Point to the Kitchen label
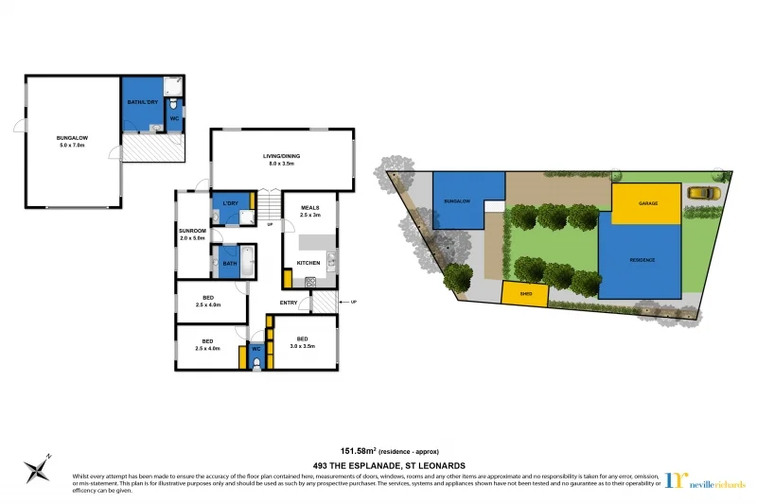click(309, 263)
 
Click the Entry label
click(290, 303)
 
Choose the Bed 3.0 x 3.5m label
click(303, 342)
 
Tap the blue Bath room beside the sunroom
click(230, 263)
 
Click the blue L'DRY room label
click(230, 204)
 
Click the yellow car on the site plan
click(703, 193)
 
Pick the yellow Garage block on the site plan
click(647, 203)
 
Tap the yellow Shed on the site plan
click(526, 294)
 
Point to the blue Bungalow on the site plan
click(458, 200)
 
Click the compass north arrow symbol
click(39, 467)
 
